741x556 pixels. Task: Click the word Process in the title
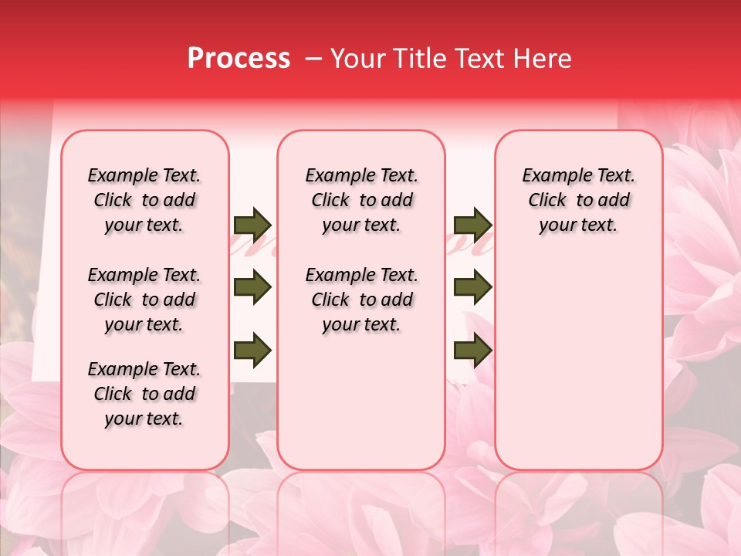[239, 59]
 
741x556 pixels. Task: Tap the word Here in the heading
[544, 59]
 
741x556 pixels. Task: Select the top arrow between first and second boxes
[252, 225]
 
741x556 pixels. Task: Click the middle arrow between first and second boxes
[252, 288]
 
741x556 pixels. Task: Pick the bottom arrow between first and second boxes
[252, 351]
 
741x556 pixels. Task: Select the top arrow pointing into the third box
[472, 225]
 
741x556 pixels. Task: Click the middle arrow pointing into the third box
[472, 288]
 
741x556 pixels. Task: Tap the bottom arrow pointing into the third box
[472, 351]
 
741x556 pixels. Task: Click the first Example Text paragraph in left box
[144, 200]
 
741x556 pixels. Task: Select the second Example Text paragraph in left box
[144, 300]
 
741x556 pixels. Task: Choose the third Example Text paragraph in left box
[144, 394]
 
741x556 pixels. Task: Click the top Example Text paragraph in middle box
[361, 200]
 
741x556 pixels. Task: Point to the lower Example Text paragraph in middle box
[361, 300]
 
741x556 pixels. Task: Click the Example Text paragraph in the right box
[578, 200]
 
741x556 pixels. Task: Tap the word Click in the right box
[547, 201]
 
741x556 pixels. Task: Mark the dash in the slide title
[315, 59]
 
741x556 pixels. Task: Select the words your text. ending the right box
[578, 225]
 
